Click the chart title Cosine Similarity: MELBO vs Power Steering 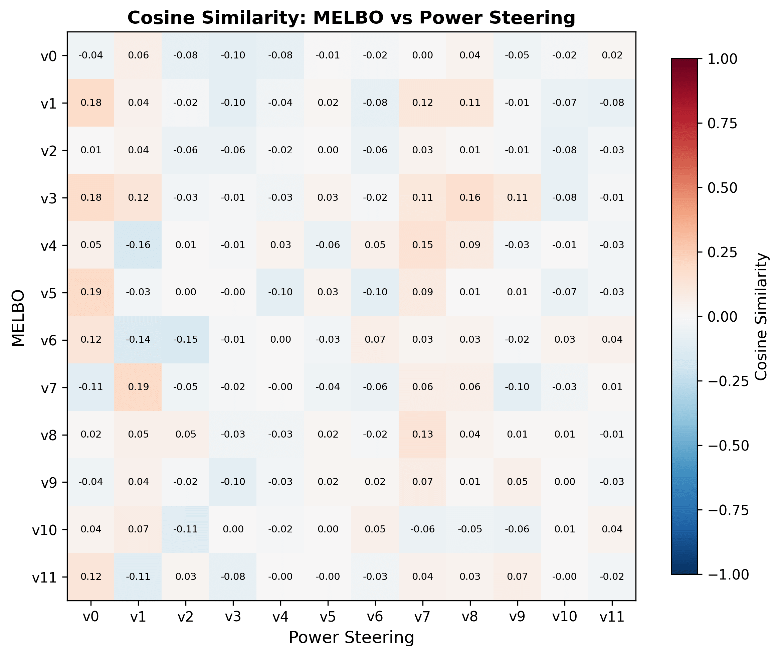pos(351,17)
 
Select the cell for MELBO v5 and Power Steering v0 pos(91,292)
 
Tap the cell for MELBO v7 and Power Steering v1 pos(138,387)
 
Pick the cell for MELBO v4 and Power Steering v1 pos(138,245)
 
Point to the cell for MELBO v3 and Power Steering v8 pos(470,197)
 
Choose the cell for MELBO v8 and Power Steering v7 pos(422,434)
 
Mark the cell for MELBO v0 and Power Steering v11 pos(612,55)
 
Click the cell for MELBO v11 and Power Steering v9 pos(517,577)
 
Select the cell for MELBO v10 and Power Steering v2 pos(186,529)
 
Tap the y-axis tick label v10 pos(44,529)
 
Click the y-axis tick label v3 pos(48,198)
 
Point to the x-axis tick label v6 pos(375,617)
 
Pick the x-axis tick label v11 pos(612,617)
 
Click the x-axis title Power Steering pos(351,637)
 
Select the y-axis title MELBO pos(18,318)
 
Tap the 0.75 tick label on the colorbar pos(722,124)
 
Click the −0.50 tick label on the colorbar pos(728,446)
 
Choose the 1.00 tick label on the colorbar pos(722,59)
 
